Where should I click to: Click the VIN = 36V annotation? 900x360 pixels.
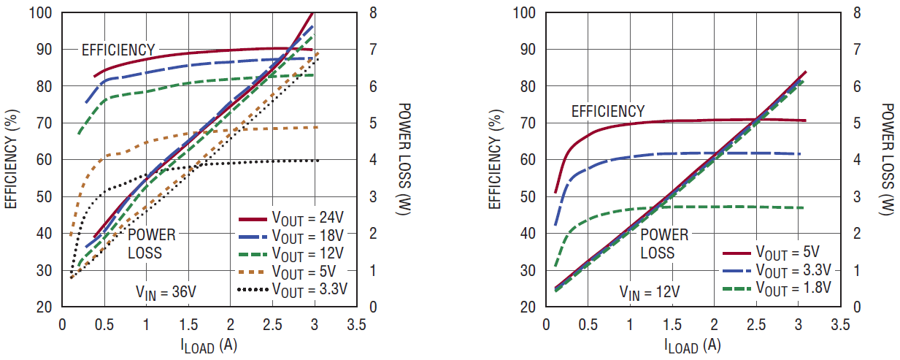(x=166, y=292)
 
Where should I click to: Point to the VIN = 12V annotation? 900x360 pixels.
(x=650, y=292)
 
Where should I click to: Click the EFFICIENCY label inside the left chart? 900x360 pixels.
(x=118, y=50)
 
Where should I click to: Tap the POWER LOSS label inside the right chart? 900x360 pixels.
(x=664, y=244)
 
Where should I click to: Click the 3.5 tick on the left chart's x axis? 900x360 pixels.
(x=356, y=323)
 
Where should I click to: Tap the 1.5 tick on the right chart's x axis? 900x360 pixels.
(x=672, y=323)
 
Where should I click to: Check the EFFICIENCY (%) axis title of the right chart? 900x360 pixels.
(x=495, y=159)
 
